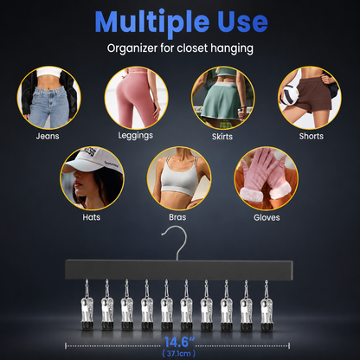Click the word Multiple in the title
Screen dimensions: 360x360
(x=152, y=22)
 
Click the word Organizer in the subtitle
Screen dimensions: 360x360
(x=132, y=48)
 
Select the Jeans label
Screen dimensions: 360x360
(x=48, y=136)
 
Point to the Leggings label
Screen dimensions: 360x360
(x=135, y=136)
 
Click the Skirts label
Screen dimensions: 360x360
(x=222, y=136)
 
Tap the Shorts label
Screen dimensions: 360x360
(x=311, y=136)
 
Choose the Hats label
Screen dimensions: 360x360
(x=92, y=217)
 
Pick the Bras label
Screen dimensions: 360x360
(x=177, y=217)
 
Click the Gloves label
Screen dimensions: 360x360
(x=267, y=217)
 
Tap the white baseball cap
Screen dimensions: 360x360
(x=92, y=161)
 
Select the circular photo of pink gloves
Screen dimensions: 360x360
(x=267, y=178)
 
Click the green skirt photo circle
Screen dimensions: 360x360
(x=222, y=98)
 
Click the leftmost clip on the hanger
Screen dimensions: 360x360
(x=87, y=305)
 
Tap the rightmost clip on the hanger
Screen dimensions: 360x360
(x=266, y=305)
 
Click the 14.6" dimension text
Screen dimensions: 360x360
(x=179, y=342)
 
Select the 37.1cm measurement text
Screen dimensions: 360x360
(x=179, y=353)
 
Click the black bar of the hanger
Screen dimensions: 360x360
(x=179, y=269)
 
